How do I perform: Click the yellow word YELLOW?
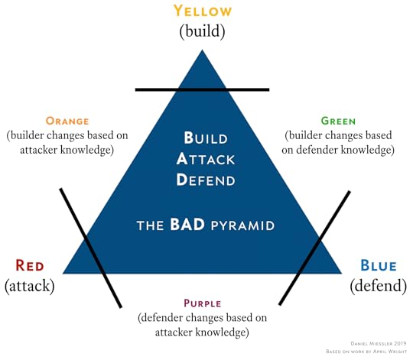point(203,11)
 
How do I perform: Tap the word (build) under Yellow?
point(202,31)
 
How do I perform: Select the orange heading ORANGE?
point(67,121)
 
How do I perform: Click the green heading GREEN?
point(339,121)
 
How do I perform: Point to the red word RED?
point(30,265)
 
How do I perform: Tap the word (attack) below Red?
point(30,286)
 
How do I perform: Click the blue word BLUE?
point(379,265)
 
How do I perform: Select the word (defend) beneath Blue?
point(379,286)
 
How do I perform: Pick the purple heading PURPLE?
point(203,303)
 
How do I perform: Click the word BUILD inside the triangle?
point(206,138)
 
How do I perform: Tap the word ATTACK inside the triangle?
point(206,159)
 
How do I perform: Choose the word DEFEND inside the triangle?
point(206,180)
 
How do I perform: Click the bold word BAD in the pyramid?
point(187,225)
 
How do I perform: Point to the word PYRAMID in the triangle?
point(243,225)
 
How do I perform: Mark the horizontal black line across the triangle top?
point(202,89)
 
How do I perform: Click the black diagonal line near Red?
point(91,248)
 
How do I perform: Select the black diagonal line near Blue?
point(315,248)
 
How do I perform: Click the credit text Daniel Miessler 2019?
point(379,343)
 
